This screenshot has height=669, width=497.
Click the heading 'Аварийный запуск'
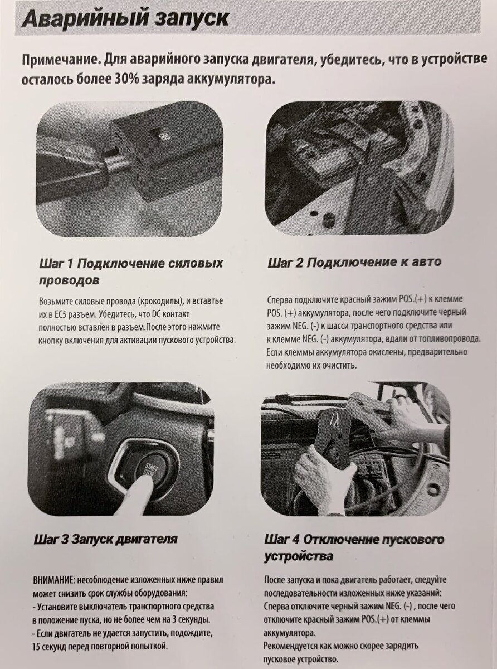125,18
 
